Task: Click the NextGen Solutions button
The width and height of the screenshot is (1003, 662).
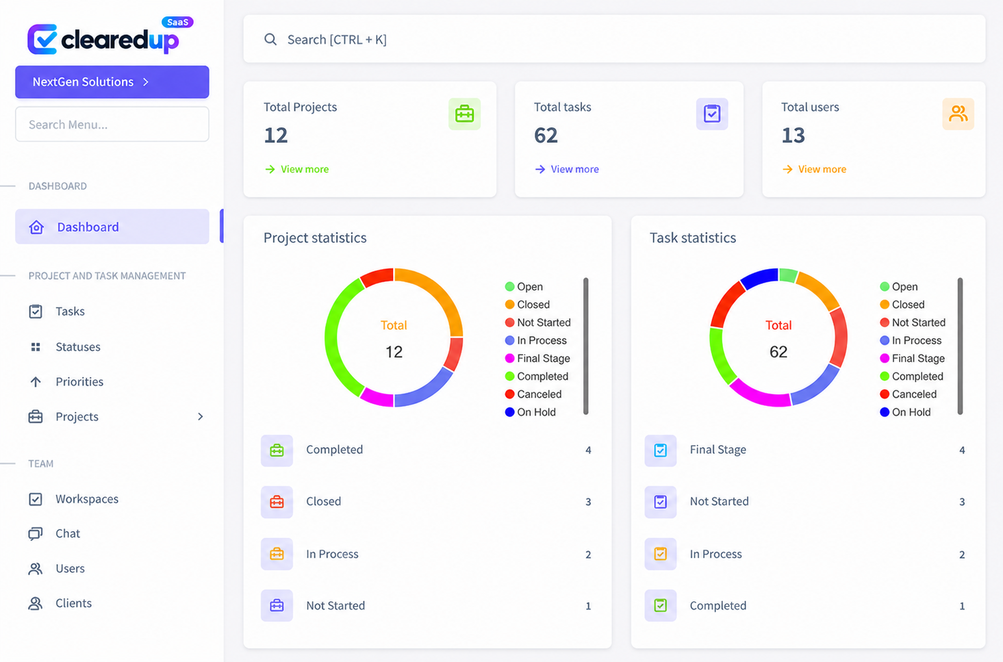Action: pyautogui.click(x=112, y=82)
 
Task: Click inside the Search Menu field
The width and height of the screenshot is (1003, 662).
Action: pyautogui.click(x=112, y=124)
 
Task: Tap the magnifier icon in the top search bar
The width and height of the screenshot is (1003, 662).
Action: pyautogui.click(x=270, y=40)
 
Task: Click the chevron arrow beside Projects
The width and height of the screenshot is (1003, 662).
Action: pyautogui.click(x=200, y=416)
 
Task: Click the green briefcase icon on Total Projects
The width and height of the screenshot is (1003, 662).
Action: pyautogui.click(x=464, y=114)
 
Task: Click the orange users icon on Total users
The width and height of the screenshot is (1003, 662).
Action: pyautogui.click(x=958, y=114)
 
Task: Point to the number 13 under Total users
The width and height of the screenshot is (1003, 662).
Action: pyautogui.click(x=793, y=135)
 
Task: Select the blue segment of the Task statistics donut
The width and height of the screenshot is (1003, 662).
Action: pyautogui.click(x=760, y=277)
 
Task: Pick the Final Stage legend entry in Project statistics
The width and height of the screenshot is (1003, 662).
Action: pyautogui.click(x=537, y=359)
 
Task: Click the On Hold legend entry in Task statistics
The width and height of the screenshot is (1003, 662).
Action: pyautogui.click(x=905, y=412)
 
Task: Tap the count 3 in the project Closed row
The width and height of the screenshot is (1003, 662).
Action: pyautogui.click(x=589, y=502)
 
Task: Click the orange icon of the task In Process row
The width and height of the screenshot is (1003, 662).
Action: pyautogui.click(x=661, y=554)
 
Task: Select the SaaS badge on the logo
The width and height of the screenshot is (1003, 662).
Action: pyautogui.click(x=177, y=22)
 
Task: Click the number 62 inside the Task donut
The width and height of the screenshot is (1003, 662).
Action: pyautogui.click(x=778, y=352)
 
